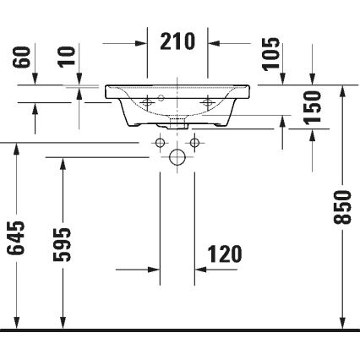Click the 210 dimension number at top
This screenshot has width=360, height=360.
(177, 40)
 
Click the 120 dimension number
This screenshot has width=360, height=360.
(224, 253)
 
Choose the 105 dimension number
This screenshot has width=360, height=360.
(270, 55)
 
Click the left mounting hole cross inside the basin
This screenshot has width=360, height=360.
(148, 101)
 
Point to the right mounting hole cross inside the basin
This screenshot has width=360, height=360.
(208, 101)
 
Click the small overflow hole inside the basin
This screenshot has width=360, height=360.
(177, 94)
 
